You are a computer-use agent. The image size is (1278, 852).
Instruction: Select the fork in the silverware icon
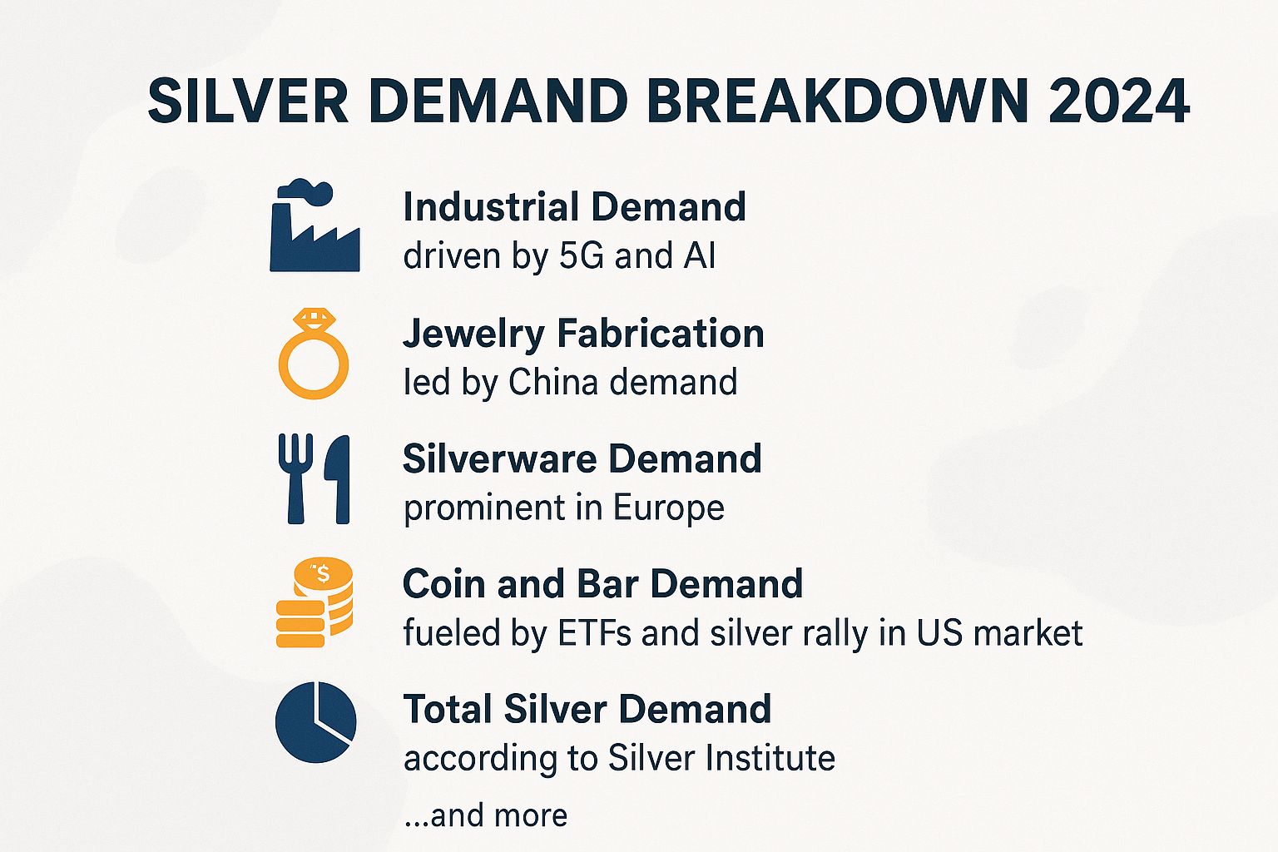pyautogui.click(x=295, y=478)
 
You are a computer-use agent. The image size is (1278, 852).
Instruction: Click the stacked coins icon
pyautogui.click(x=315, y=602)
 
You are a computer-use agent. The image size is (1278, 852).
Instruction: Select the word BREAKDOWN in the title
pyautogui.click(x=837, y=102)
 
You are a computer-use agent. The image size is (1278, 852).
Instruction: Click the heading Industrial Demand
pyautogui.click(x=574, y=207)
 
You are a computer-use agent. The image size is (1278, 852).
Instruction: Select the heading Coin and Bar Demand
pyautogui.click(x=602, y=584)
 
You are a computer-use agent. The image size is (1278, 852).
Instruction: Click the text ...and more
pyautogui.click(x=485, y=815)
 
